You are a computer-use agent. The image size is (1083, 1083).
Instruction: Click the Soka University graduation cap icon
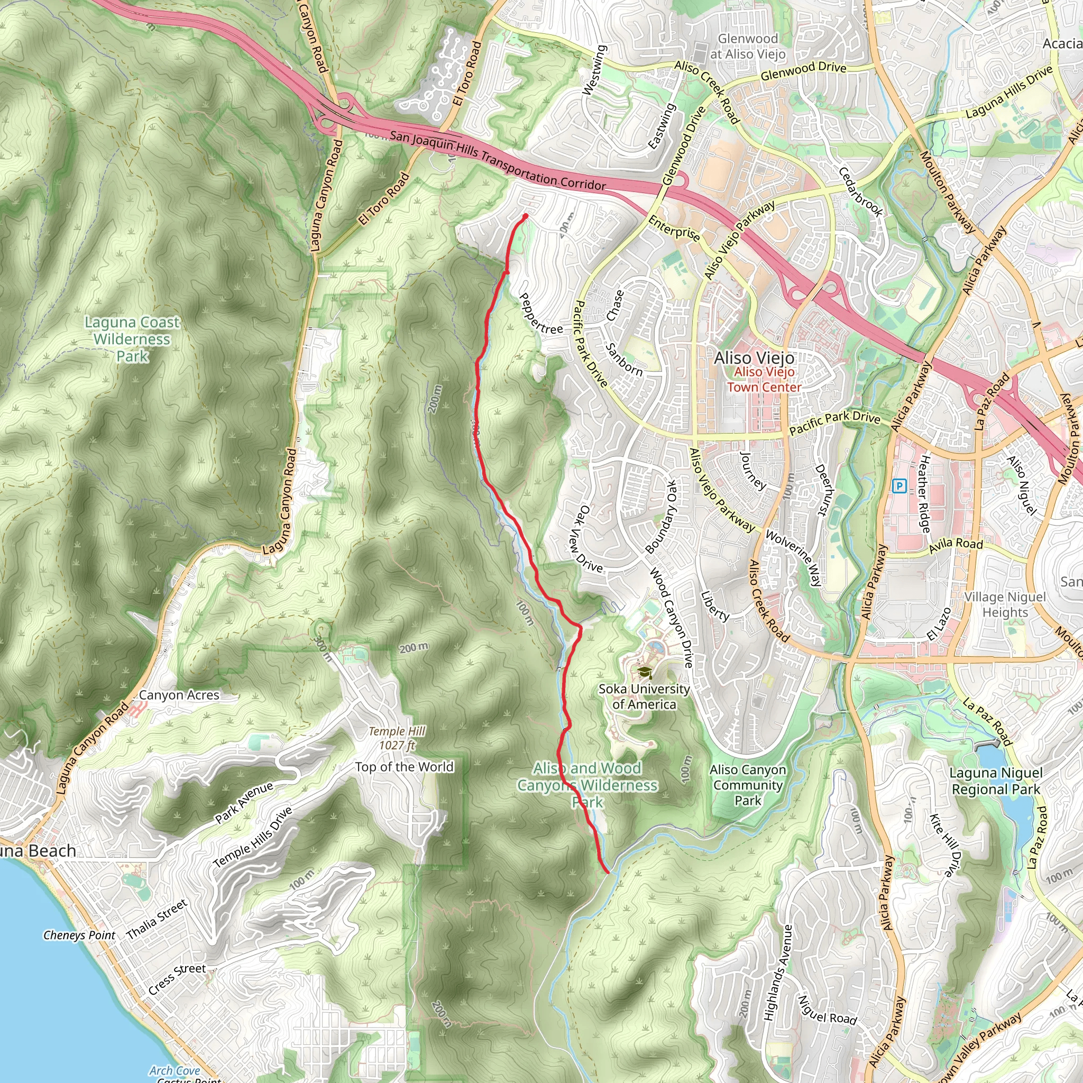[644, 672]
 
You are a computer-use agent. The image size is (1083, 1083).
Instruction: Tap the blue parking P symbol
[899, 485]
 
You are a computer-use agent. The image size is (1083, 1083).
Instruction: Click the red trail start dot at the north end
[525, 216]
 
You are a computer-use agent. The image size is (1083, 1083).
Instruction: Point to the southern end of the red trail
[608, 871]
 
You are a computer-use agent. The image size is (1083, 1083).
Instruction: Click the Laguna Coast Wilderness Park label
[132, 338]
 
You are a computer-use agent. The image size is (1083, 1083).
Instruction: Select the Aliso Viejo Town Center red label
[764, 380]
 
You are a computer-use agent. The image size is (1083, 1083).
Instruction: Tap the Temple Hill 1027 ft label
[397, 738]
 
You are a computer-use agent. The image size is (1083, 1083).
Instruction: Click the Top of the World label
[404, 767]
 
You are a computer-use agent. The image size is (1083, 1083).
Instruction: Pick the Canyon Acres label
[179, 695]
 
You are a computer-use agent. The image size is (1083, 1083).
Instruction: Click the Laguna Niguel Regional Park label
[996, 782]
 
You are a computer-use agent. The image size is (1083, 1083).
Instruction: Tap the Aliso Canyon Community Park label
[748, 785]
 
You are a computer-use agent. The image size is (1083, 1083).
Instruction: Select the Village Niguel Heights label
[1005, 604]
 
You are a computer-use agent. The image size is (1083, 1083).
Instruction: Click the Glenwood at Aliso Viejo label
[748, 47]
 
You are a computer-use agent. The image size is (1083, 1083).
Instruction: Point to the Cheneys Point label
[79, 935]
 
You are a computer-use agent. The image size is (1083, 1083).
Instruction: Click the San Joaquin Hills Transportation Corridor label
[498, 160]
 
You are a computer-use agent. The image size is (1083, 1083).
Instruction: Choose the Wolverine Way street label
[793, 558]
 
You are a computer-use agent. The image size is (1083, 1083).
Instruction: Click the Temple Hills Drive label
[253, 838]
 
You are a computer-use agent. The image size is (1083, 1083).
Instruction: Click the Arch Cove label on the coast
[175, 1071]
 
